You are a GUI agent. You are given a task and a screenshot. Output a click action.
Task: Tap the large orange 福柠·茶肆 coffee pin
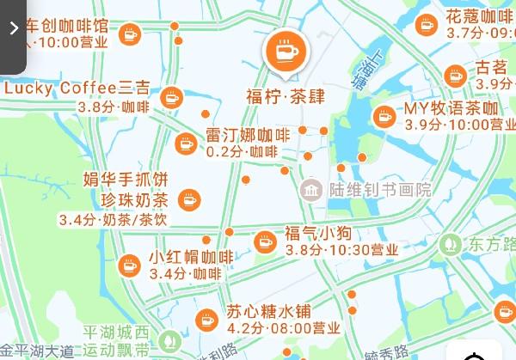(285, 52)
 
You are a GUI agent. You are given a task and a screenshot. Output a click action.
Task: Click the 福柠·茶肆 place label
(285, 95)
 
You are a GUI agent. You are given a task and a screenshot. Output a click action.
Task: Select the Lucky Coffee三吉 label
(77, 88)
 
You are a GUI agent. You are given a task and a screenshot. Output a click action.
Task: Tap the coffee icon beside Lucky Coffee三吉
(172, 96)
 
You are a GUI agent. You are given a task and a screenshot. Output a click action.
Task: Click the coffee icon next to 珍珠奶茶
(187, 200)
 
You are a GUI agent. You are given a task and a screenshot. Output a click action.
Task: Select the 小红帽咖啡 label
(190, 257)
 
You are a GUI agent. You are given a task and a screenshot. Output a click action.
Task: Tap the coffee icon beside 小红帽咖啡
(130, 265)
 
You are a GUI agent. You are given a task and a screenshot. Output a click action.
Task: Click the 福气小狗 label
(317, 233)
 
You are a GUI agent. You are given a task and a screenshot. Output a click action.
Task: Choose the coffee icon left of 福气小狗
(265, 241)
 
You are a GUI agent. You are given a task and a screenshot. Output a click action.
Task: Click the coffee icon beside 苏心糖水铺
(206, 320)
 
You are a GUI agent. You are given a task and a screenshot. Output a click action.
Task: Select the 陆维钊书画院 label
(379, 189)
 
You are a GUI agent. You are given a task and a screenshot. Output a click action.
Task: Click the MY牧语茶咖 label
(451, 109)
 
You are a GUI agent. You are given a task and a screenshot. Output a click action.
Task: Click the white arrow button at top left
(13, 28)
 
